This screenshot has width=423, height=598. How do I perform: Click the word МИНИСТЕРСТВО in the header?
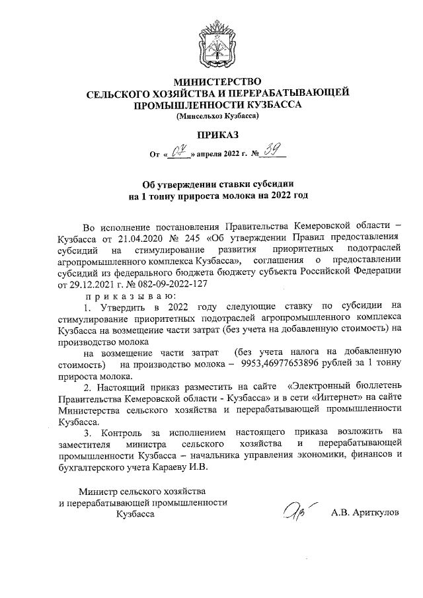(x=217, y=83)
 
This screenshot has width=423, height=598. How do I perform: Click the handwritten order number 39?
(x=272, y=153)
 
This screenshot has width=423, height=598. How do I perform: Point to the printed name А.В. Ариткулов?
(x=365, y=513)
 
